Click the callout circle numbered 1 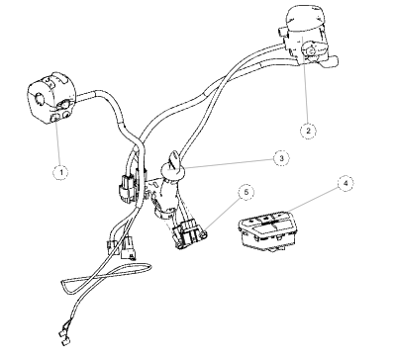click(61, 171)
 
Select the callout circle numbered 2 click(308, 131)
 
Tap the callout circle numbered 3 click(281, 158)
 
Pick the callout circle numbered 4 click(346, 183)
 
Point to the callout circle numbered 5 click(247, 193)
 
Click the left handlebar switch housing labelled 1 click(51, 99)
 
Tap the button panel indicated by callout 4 click(268, 230)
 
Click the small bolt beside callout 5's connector click(204, 234)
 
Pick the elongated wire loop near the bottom click(106, 278)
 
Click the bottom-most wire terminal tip click(63, 342)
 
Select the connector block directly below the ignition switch click(185, 234)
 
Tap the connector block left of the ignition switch click(127, 189)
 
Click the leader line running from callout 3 click(229, 164)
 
